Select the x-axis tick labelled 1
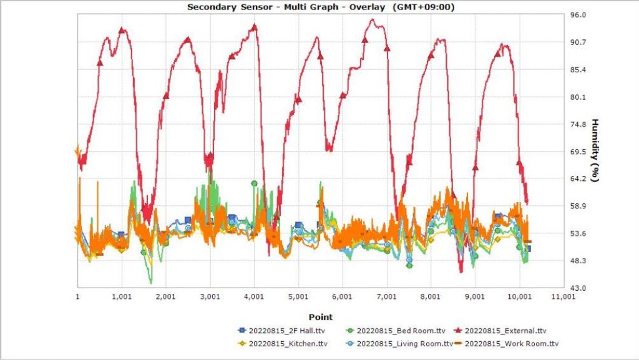point(78,298)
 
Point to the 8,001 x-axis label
point(431,298)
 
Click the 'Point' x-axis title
point(320,317)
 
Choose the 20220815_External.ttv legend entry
point(506,331)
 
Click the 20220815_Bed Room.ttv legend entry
point(393,331)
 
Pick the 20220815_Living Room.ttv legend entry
point(400,343)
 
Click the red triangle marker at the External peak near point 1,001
point(122,30)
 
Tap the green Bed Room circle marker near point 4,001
point(254,183)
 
